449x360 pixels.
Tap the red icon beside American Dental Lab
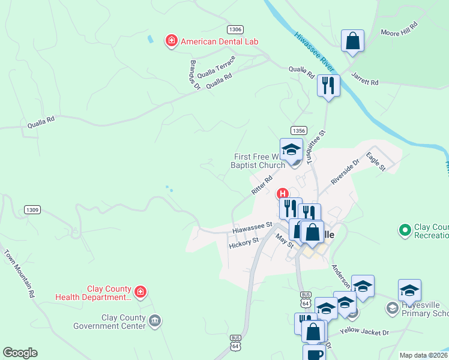tap(171, 41)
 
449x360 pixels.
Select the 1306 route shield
tap(235, 29)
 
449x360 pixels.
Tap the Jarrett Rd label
tap(365, 79)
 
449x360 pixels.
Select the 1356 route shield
tap(298, 130)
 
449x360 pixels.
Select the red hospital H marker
tap(282, 194)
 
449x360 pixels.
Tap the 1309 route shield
tap(32, 209)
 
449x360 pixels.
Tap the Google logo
tap(20, 353)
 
